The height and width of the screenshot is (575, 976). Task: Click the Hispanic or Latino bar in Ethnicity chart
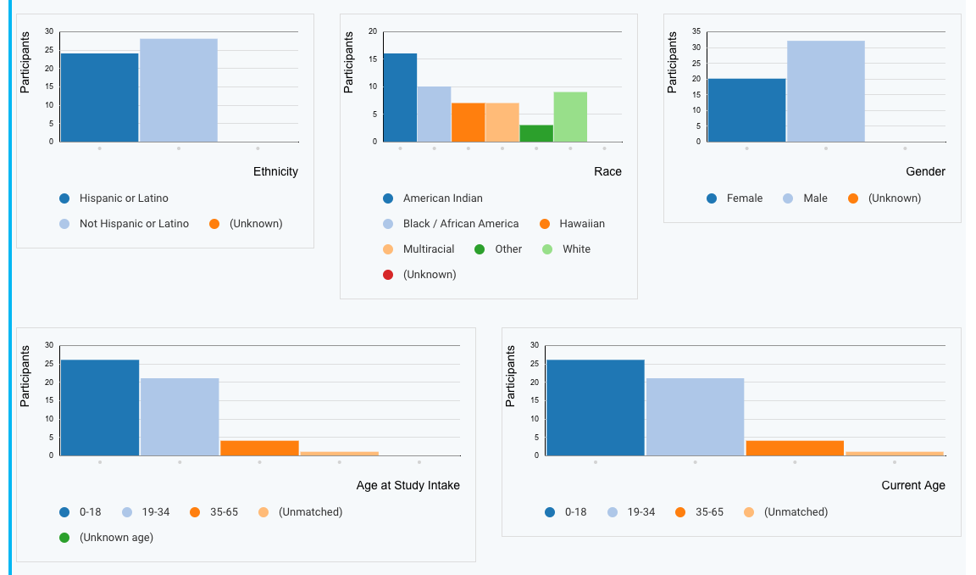click(x=99, y=98)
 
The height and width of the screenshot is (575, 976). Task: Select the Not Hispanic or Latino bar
click(x=179, y=90)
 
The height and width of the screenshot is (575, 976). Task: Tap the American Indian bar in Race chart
click(x=400, y=98)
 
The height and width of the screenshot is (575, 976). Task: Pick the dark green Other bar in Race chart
click(x=536, y=133)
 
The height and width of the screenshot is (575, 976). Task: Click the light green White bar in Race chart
click(x=570, y=117)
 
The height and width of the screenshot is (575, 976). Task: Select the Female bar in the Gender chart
click(x=746, y=110)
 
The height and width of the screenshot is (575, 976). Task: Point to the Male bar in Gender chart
click(x=826, y=92)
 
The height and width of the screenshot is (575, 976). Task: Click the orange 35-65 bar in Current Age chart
click(x=795, y=448)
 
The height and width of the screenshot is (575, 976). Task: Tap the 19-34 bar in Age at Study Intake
click(x=180, y=416)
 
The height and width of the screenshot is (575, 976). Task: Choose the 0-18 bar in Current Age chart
click(x=595, y=408)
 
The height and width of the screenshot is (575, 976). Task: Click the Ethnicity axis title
click(x=275, y=171)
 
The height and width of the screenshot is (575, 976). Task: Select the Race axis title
click(x=607, y=171)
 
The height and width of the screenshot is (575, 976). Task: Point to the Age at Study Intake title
click(x=408, y=485)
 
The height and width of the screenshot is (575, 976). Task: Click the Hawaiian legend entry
click(x=582, y=224)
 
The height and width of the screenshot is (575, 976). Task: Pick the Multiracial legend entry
click(x=428, y=249)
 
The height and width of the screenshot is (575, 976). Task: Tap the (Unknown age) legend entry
click(x=116, y=538)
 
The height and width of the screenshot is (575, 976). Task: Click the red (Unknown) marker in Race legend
click(x=388, y=275)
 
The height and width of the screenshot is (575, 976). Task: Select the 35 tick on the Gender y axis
click(x=696, y=31)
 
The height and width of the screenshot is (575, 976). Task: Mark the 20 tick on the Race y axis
click(x=373, y=31)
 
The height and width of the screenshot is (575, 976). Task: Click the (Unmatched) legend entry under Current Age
click(x=796, y=512)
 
